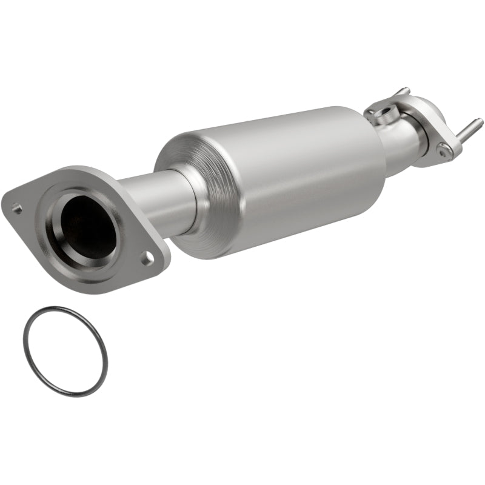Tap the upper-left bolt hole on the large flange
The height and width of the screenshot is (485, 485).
point(18,209)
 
